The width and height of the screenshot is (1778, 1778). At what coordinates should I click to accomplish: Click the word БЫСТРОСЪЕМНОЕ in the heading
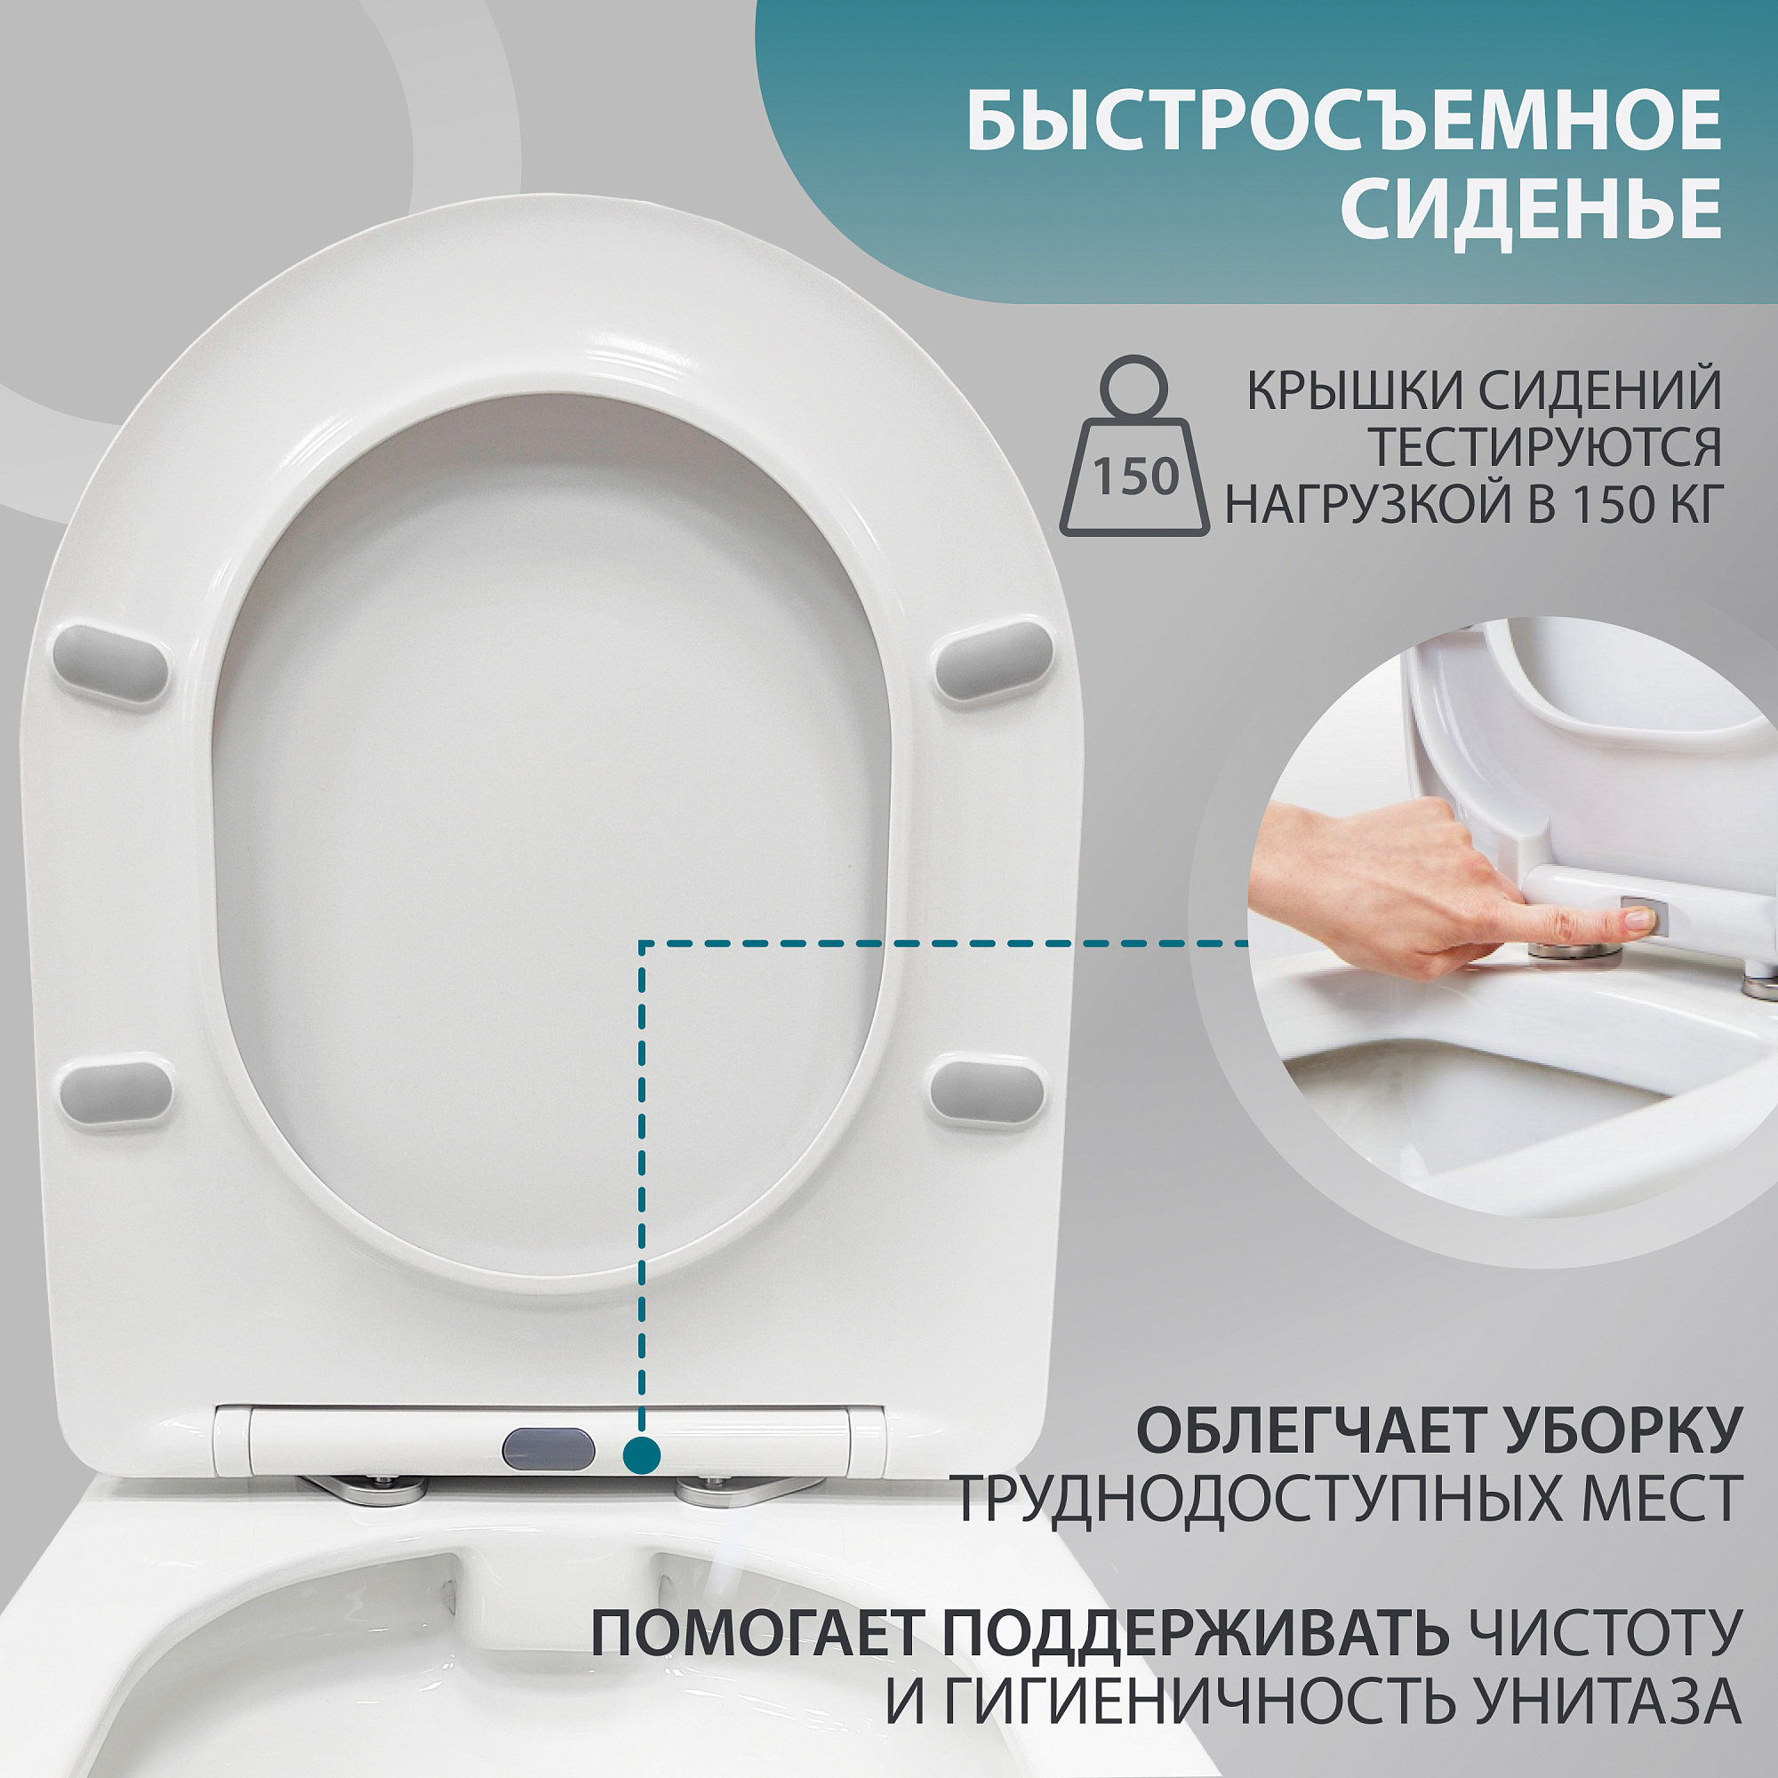pos(1343,121)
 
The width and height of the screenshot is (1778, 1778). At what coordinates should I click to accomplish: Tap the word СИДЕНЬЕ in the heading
pos(1531,208)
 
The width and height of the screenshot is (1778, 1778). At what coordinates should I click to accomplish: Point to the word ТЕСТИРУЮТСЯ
pos(1545,448)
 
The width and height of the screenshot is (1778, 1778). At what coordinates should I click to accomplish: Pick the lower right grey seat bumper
pos(988,1092)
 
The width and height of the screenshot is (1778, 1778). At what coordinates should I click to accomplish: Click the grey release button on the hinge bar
pos(549,1449)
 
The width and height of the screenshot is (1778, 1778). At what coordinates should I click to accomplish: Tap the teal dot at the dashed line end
pos(642,1455)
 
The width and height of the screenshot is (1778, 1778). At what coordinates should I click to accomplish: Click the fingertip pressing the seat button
pos(1638,917)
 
